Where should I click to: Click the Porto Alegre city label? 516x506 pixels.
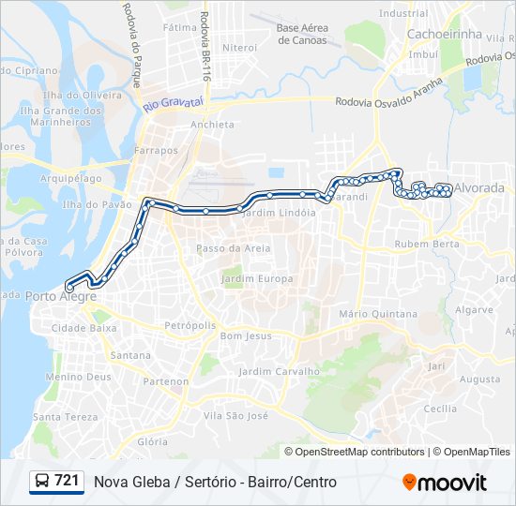pyautogui.click(x=62, y=296)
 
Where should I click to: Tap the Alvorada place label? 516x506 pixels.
pyautogui.click(x=478, y=187)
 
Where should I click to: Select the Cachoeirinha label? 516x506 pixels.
pyautogui.click(x=443, y=34)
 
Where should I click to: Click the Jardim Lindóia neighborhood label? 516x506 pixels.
pyautogui.click(x=279, y=213)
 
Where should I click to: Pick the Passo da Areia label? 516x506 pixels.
pyautogui.click(x=234, y=248)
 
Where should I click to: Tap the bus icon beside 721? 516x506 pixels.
pyautogui.click(x=42, y=482)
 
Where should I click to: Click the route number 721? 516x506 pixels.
pyautogui.click(x=67, y=481)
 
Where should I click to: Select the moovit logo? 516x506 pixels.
pyautogui.click(x=445, y=483)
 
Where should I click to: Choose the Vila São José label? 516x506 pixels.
pyautogui.click(x=235, y=415)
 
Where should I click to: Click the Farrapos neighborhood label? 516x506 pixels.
pyautogui.click(x=156, y=150)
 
